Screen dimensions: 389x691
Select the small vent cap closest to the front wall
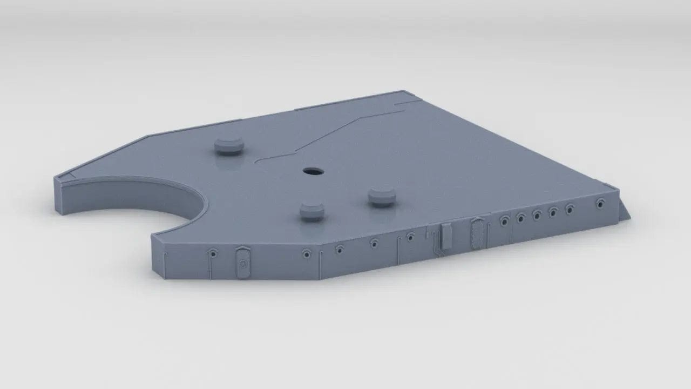[x=312, y=211]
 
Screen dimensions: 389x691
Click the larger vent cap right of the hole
[x=382, y=197]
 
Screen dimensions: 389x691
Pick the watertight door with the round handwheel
[x=242, y=263]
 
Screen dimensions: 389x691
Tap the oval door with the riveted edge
[x=477, y=233]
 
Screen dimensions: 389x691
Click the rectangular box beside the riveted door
[x=446, y=236]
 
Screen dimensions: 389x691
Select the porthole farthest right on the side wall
[x=600, y=204]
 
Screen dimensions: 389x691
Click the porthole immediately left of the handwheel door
[x=214, y=253]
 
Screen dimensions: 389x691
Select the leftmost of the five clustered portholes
[x=505, y=220]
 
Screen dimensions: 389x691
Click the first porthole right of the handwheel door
[x=307, y=253]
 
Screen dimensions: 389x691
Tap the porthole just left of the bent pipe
[x=410, y=236]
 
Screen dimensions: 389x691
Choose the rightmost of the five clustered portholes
[x=570, y=208]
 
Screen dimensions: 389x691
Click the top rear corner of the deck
[x=402, y=92]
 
